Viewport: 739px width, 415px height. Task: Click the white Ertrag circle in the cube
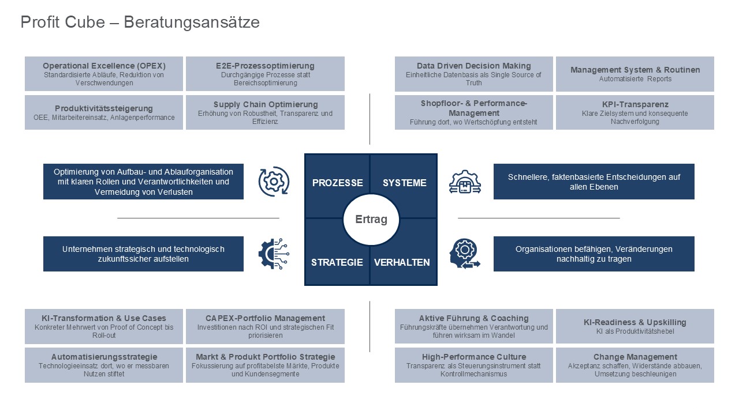[371, 220]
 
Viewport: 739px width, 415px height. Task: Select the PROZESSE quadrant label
[337, 183]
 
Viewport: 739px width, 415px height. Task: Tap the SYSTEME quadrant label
[404, 183]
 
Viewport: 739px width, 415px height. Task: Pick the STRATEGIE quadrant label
[337, 262]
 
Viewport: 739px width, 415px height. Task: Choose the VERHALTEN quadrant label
[402, 262]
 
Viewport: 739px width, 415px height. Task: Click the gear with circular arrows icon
[274, 182]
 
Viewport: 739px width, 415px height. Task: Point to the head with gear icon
[465, 254]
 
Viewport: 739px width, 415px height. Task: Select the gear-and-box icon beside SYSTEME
[465, 182]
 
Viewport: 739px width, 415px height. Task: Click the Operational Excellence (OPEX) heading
[104, 66]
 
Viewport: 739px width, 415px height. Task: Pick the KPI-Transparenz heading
[635, 104]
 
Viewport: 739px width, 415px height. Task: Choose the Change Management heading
[635, 357]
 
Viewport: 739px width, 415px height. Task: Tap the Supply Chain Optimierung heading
[266, 104]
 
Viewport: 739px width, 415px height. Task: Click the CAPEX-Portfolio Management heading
[266, 318]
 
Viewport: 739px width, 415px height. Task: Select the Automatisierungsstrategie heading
[104, 357]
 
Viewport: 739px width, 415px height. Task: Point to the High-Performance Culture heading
[474, 357]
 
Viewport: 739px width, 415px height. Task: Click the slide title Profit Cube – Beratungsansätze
[140, 22]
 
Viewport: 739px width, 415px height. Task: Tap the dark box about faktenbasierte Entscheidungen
[594, 182]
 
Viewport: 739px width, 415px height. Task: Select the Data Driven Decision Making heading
[474, 66]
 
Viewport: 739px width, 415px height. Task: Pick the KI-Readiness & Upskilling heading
[635, 322]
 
